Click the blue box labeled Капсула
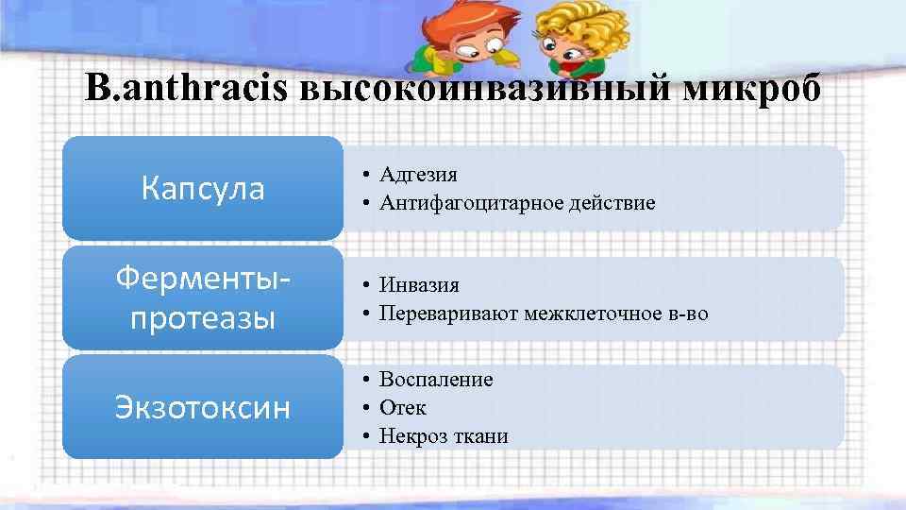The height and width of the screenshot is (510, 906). tap(203, 189)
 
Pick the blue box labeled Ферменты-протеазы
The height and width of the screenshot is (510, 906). tap(203, 298)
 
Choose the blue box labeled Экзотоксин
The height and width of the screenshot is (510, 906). tap(203, 407)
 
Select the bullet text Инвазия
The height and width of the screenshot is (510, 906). tap(419, 283)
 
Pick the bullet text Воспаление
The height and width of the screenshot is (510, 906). tap(436, 379)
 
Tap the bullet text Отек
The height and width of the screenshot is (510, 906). tap(403, 407)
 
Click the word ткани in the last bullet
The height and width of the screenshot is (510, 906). tap(483, 436)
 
